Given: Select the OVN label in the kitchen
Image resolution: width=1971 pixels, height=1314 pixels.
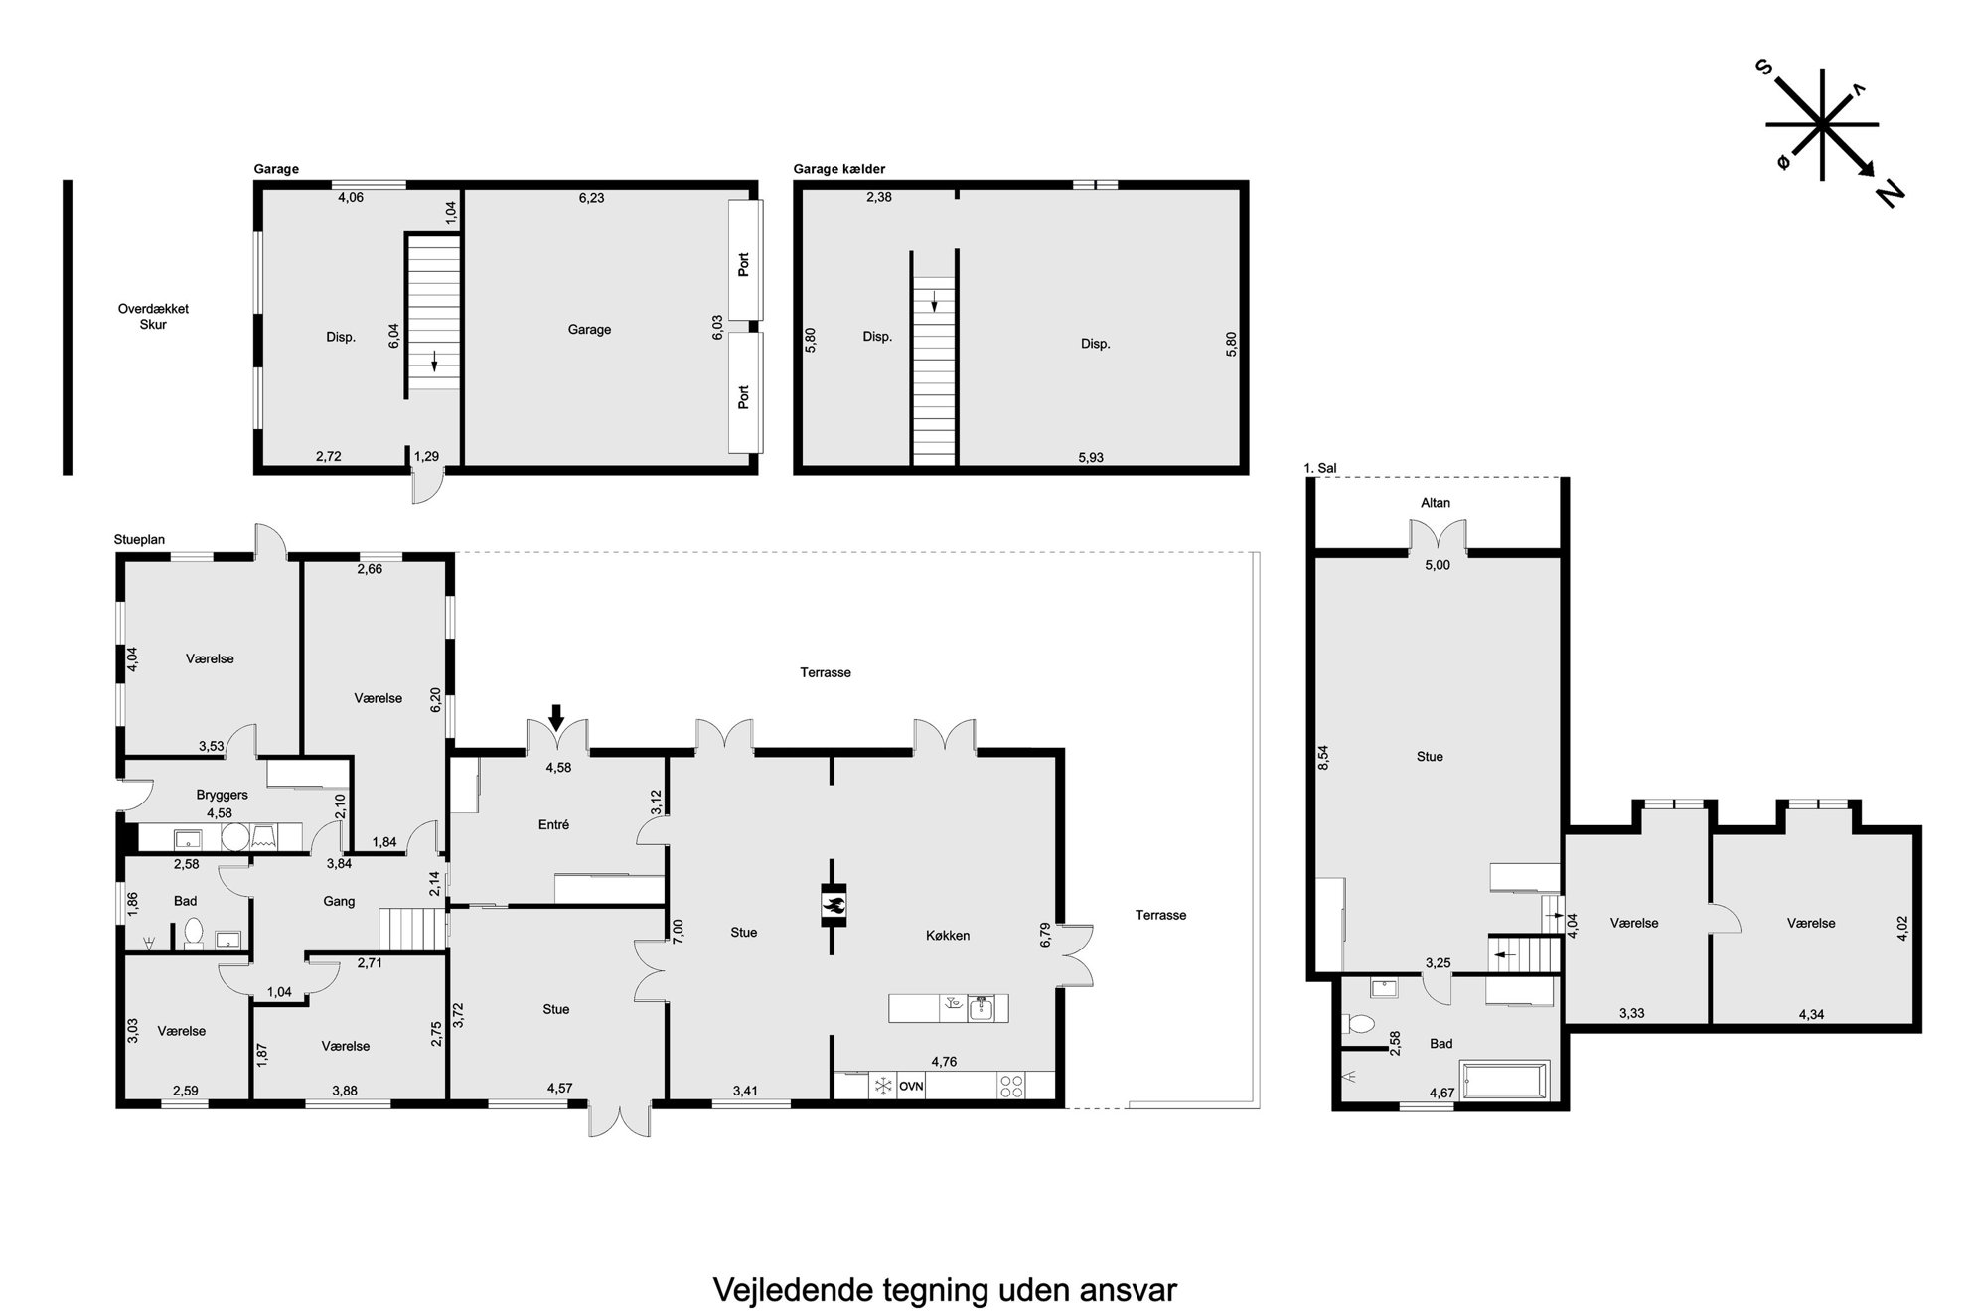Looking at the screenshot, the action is coord(911,1087).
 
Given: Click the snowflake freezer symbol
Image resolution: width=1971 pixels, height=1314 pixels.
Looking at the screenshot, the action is coord(882,1086).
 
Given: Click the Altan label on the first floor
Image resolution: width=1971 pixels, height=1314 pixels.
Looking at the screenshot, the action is coord(1436,503).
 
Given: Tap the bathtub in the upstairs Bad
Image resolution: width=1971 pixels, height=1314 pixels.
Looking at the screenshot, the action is coord(1504,1080).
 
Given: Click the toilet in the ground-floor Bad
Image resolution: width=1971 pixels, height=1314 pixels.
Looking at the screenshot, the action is coord(193,935).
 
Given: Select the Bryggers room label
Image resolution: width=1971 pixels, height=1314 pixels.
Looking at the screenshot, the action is coord(222,795).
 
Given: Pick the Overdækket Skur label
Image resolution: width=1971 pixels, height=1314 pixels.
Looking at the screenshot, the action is coord(153,317).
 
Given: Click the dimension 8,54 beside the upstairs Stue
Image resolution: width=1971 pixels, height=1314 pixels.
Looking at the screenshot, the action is coord(1323,758).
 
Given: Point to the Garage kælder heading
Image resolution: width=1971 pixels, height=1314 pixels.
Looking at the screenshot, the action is coord(839,169).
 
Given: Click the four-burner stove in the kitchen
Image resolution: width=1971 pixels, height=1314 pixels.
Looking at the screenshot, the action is coord(1011,1086).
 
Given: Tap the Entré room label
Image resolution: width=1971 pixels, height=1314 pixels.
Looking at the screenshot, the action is coord(553,825).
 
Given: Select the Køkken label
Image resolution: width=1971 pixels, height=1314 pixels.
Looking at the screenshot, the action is coord(948,935).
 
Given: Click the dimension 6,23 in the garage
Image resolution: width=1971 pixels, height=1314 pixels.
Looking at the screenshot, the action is coord(591,198).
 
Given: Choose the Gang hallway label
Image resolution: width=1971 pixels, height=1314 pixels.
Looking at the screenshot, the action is coord(339,902).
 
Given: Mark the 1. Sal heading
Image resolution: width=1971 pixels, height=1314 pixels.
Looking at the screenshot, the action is coord(1320,468).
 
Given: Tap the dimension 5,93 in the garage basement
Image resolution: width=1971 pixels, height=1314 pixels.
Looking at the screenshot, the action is coord(1091,458).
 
